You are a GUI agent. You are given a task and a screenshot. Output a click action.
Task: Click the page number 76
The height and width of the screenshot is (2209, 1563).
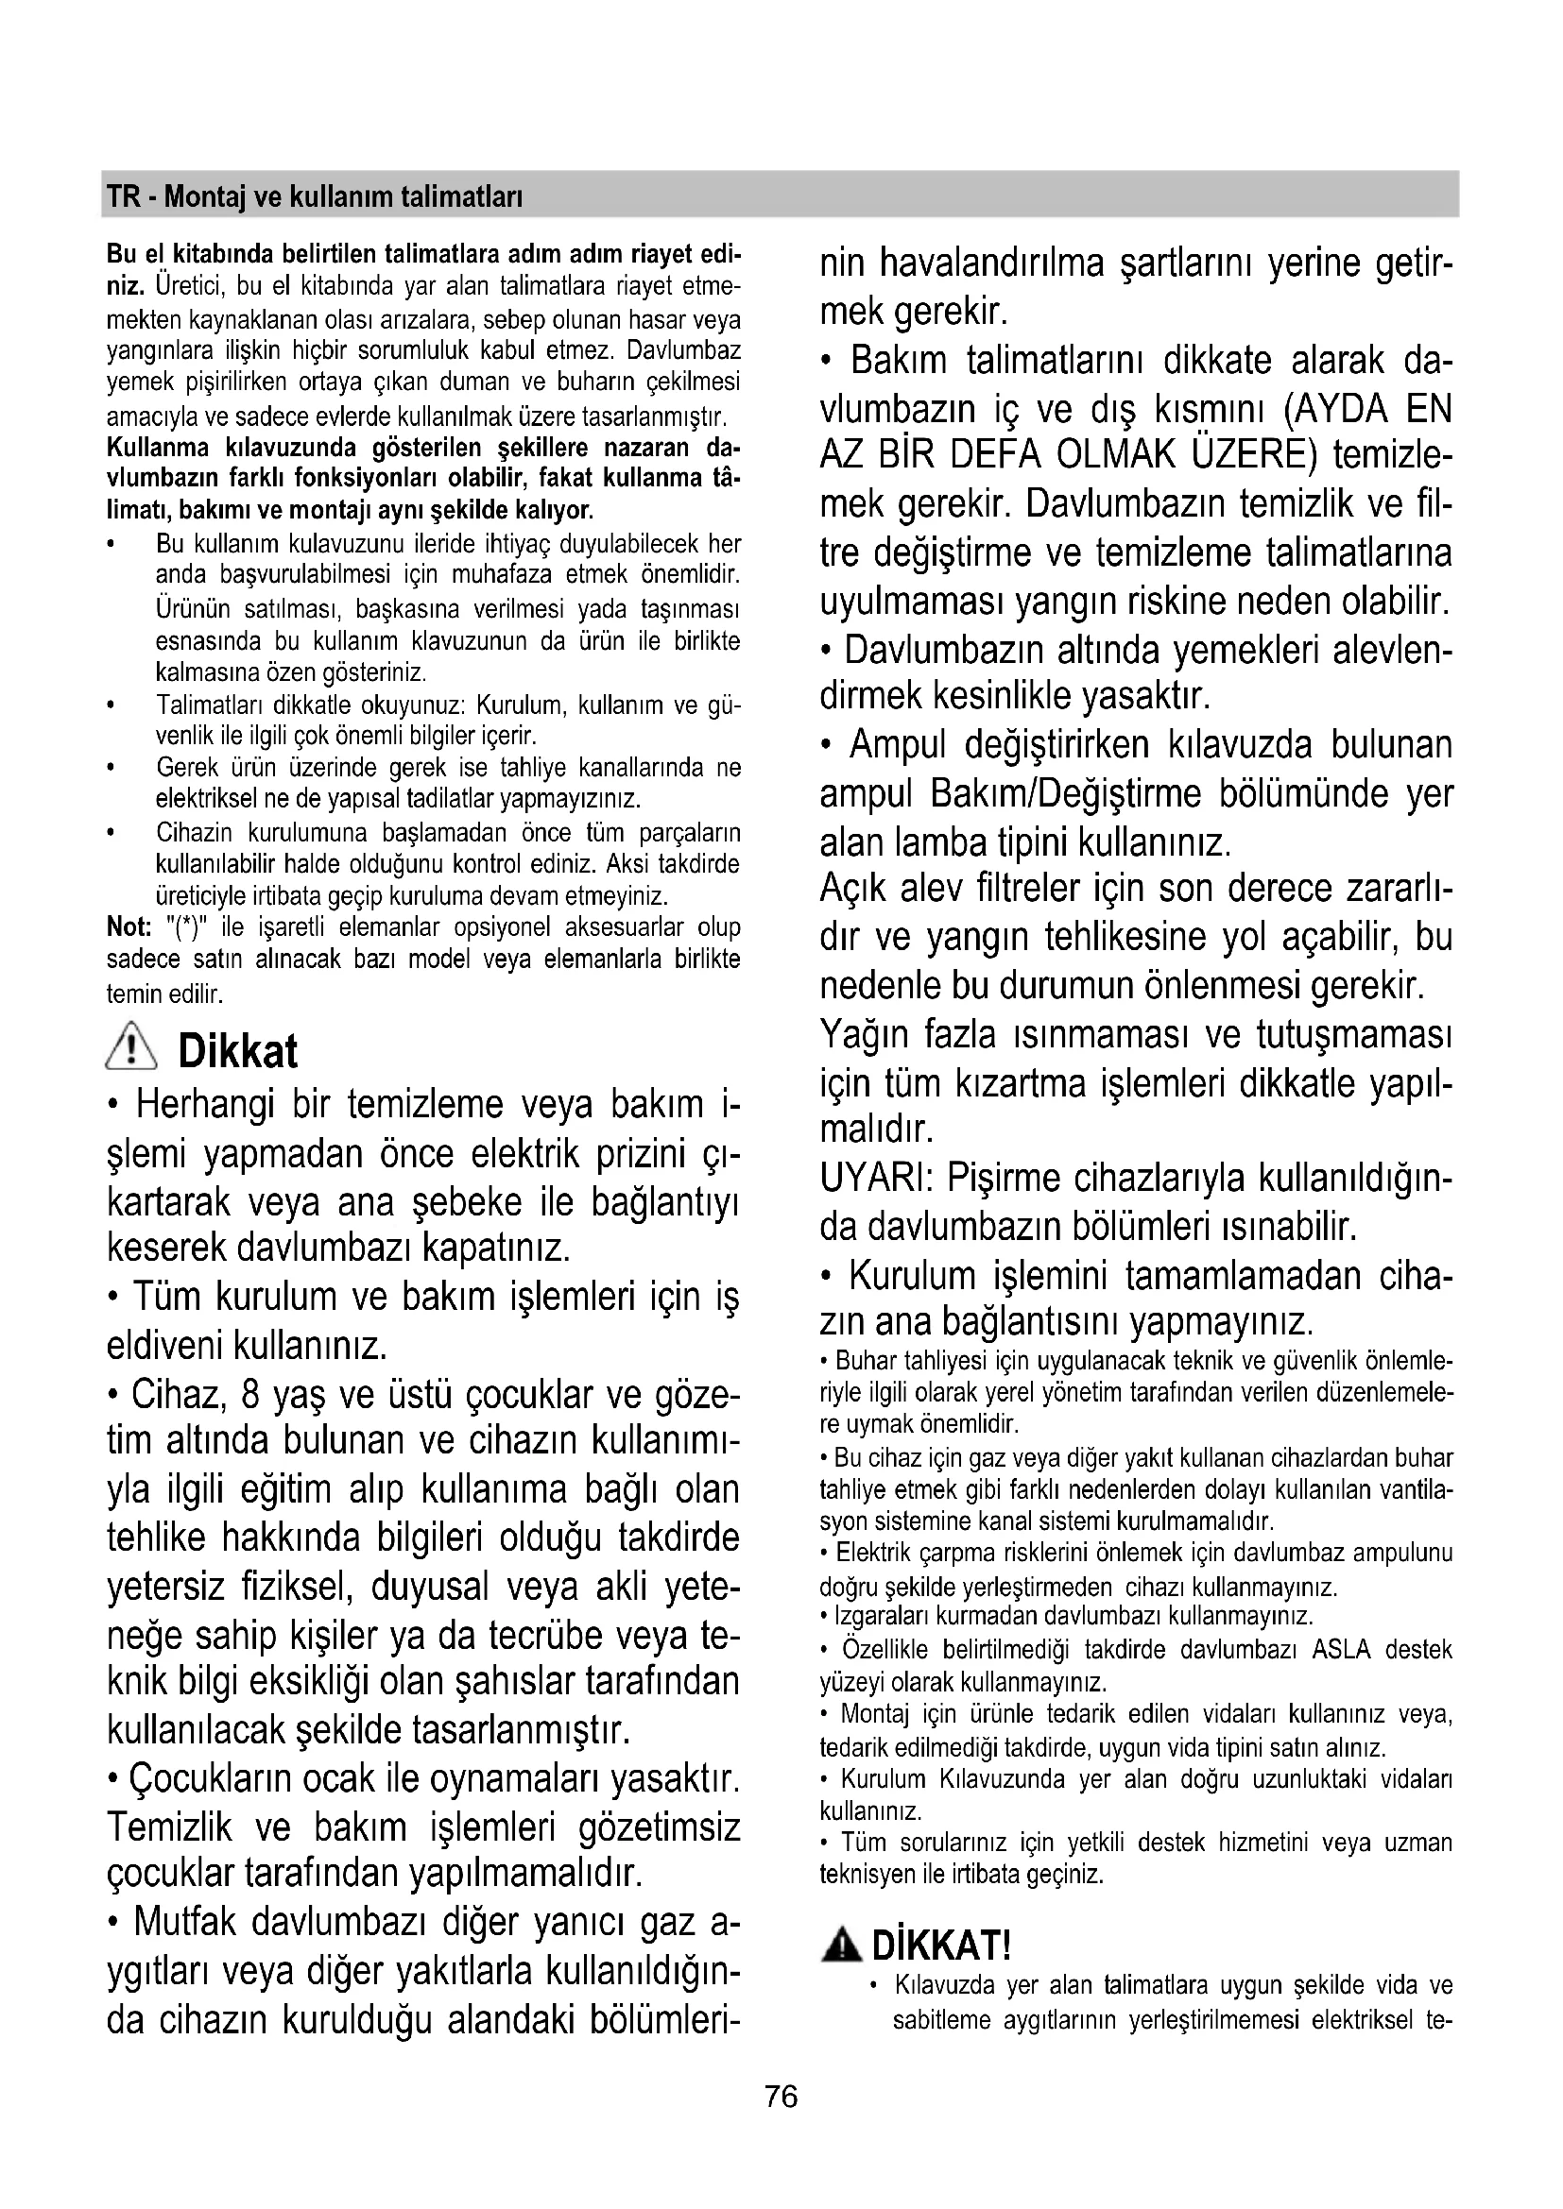click(781, 2096)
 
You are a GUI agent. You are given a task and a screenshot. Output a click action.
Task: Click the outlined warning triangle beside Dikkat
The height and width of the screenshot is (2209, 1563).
click(134, 1047)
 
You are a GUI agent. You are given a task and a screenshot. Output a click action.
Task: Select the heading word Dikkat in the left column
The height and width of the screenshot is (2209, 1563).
click(238, 1050)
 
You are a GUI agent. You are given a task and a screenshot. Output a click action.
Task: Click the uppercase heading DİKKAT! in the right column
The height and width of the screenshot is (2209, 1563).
click(941, 1946)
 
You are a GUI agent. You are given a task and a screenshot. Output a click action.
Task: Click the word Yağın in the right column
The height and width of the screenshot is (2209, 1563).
click(862, 1034)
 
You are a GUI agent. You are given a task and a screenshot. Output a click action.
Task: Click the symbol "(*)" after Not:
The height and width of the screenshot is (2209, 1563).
click(189, 927)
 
